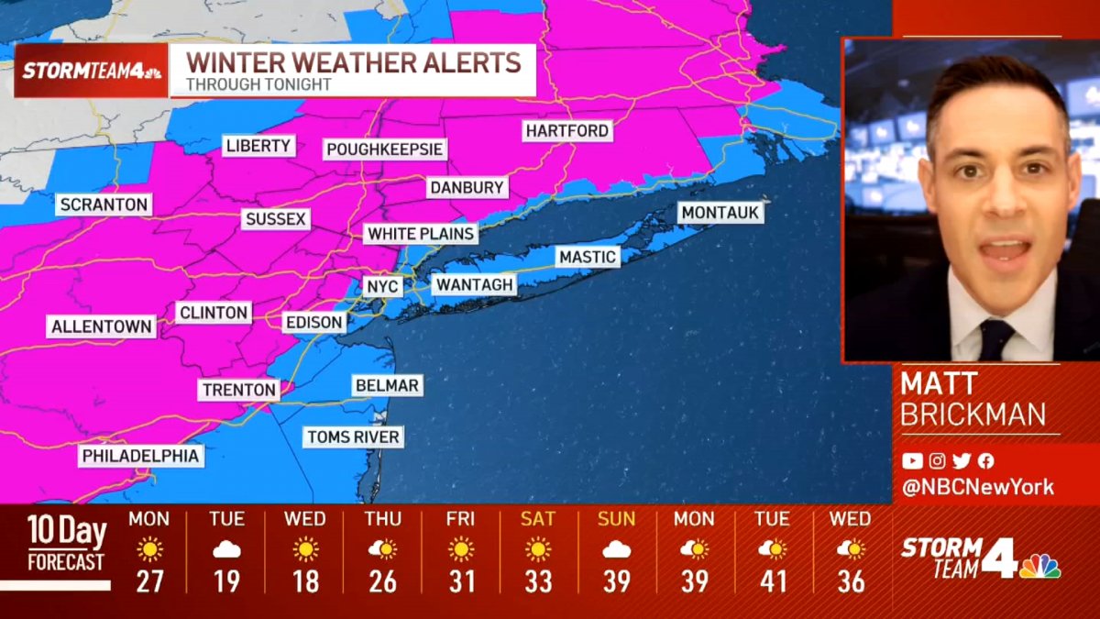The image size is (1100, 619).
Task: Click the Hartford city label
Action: coord(567,131)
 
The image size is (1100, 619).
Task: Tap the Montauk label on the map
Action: coord(720,213)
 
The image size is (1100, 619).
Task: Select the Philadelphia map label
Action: coord(140,456)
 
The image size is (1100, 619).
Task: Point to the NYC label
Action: coord(382,286)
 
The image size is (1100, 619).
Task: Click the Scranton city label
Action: coord(104,204)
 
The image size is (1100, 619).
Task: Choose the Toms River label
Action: coord(353,437)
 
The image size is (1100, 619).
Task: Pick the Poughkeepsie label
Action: coord(385,149)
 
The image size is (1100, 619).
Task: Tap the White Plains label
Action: coord(421,234)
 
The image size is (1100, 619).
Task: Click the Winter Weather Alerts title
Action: coord(354,63)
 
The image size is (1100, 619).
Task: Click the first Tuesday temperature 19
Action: coord(226,581)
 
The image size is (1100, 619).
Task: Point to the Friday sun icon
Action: coord(460,549)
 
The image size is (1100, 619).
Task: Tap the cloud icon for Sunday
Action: coord(616,549)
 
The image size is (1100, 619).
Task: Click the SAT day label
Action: coord(538,519)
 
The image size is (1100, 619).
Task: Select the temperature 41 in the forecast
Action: coord(772,581)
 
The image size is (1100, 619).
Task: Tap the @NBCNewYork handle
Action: coord(978,488)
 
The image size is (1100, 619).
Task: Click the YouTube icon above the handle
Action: coord(912,461)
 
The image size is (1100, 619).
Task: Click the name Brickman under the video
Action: coord(973,415)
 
